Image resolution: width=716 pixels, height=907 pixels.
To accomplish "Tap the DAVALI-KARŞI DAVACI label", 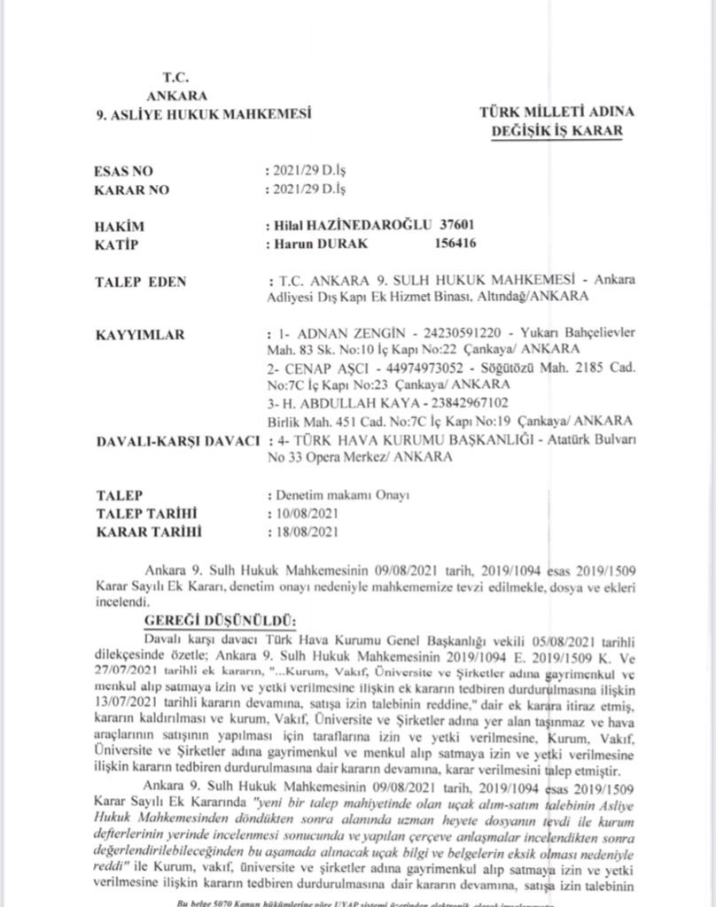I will click(x=175, y=441).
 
